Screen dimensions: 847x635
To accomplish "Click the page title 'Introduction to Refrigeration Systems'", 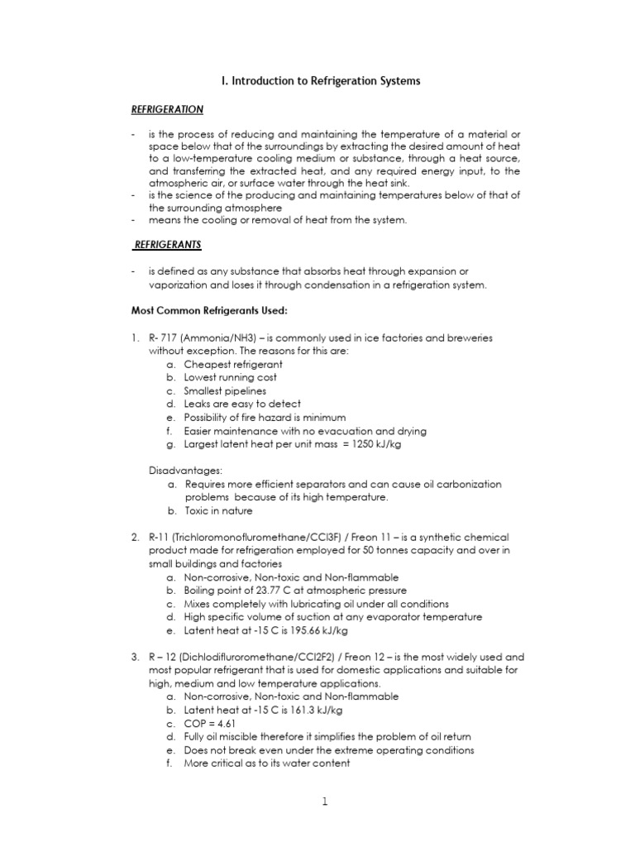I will [322, 81].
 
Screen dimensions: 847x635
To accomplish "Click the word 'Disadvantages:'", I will [181, 471].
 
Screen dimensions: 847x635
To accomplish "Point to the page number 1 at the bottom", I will [325, 802].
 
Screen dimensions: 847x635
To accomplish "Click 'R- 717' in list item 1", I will [165, 337].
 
